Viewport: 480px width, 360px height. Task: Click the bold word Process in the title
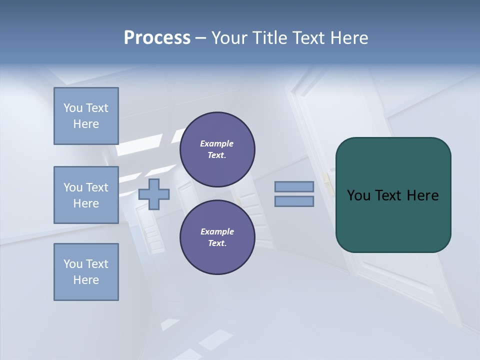[x=157, y=38]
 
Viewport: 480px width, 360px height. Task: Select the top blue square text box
[x=86, y=116]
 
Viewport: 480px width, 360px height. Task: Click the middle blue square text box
[x=86, y=195]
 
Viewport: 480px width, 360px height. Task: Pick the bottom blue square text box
[x=86, y=272]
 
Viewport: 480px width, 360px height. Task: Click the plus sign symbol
[x=154, y=194]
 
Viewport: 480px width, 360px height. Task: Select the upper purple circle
[x=217, y=149]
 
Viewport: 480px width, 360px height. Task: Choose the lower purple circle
[x=217, y=237]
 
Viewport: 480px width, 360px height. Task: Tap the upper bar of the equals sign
[x=294, y=187]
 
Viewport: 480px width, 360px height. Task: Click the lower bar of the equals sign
[x=294, y=201]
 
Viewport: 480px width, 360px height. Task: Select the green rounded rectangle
[x=393, y=195]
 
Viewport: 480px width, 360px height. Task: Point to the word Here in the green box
[x=423, y=195]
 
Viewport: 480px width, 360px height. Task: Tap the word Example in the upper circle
[x=216, y=143]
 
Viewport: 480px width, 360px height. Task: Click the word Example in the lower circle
[x=216, y=231]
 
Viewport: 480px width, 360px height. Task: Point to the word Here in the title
[x=349, y=38]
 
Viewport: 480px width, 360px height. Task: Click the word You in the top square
[x=72, y=108]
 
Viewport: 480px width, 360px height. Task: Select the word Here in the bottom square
[x=86, y=280]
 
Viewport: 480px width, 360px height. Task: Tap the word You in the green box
[x=358, y=195]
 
